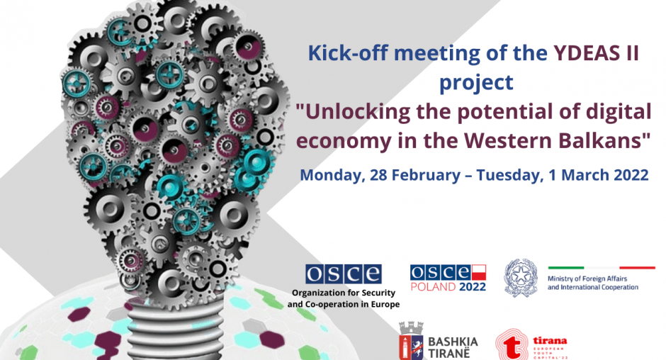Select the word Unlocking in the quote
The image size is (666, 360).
click(x=353, y=112)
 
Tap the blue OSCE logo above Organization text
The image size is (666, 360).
click(x=343, y=274)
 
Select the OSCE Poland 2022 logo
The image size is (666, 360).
click(x=448, y=279)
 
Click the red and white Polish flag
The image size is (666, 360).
click(x=479, y=272)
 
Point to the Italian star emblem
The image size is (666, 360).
click(x=521, y=277)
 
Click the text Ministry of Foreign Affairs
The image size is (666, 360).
click(x=587, y=279)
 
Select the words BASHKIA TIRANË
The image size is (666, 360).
click(x=453, y=347)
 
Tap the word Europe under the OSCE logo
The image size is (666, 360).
click(x=385, y=305)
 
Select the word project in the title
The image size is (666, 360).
click(x=476, y=83)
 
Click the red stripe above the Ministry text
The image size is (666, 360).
click(x=637, y=268)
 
